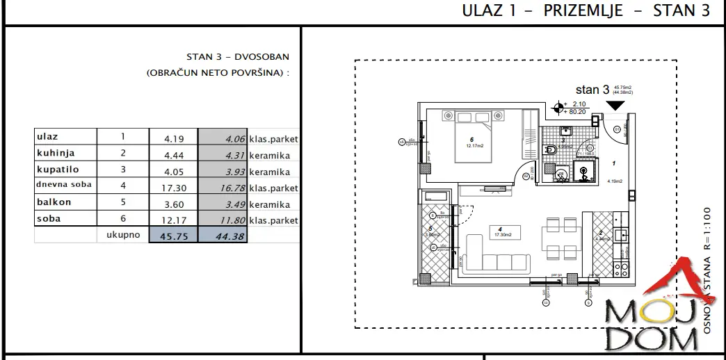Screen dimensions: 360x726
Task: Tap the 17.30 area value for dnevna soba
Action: tap(172, 188)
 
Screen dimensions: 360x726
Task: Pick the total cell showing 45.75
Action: tap(173, 236)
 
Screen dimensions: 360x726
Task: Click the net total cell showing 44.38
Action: tap(223, 236)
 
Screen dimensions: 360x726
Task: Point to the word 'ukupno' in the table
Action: tap(123, 235)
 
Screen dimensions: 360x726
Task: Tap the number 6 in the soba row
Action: tap(122, 220)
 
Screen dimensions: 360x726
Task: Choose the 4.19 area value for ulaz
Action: tap(172, 139)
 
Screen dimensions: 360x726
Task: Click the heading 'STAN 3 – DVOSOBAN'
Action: tap(238, 58)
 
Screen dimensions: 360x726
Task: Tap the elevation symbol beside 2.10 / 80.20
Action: tap(558, 108)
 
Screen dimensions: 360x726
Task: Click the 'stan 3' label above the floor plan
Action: tap(592, 90)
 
